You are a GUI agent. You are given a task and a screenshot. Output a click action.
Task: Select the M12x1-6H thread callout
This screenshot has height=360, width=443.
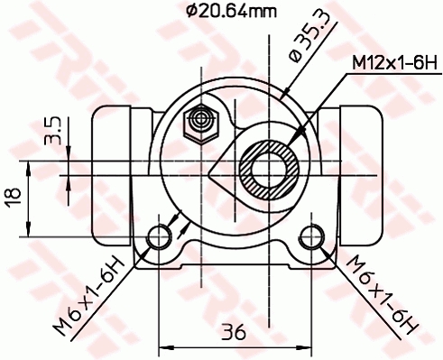pos(393,63)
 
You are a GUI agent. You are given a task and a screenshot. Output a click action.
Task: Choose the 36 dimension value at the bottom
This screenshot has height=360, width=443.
pos(234,331)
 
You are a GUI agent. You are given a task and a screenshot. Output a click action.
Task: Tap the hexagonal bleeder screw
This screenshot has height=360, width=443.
pos(198,120)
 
